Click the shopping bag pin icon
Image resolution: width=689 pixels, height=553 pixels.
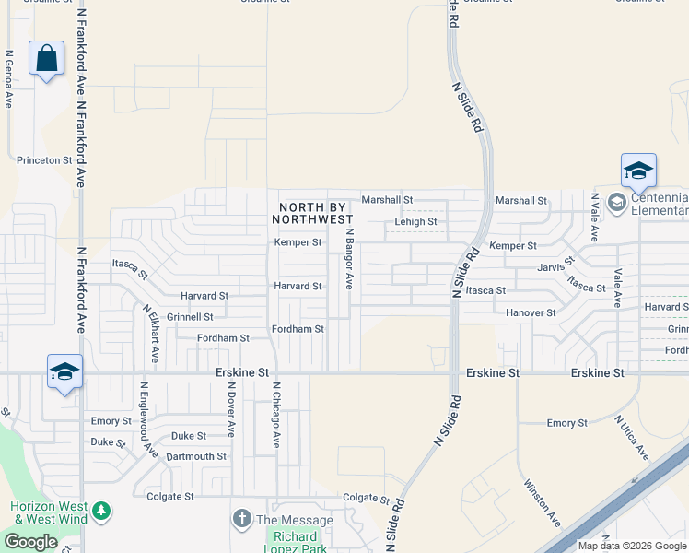(x=46, y=59)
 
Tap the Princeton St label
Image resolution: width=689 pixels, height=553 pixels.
(x=44, y=160)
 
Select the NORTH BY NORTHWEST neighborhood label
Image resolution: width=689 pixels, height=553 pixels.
(x=313, y=213)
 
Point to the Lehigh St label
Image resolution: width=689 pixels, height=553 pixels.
(x=415, y=222)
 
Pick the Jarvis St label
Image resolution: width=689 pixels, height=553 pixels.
(x=556, y=268)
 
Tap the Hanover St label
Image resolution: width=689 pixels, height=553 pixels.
(x=531, y=313)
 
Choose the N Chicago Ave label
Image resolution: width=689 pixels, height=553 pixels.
(x=275, y=415)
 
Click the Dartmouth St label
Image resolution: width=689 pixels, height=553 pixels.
(x=196, y=457)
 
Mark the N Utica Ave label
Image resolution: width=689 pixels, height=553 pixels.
(x=632, y=438)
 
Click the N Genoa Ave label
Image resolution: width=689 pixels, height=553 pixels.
(x=8, y=78)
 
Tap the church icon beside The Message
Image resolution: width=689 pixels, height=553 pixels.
(x=242, y=518)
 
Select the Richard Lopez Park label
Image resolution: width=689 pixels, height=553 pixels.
(x=295, y=543)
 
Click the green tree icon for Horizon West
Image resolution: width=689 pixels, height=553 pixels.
(x=101, y=510)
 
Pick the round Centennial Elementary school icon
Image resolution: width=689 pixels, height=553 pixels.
(x=616, y=201)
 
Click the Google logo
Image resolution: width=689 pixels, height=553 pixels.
(x=30, y=542)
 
